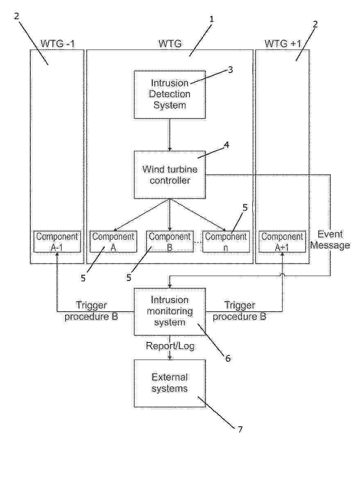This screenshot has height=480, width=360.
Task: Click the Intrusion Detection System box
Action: click(x=170, y=95)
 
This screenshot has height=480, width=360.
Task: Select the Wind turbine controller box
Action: click(x=170, y=175)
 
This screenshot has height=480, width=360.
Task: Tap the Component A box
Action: click(x=113, y=242)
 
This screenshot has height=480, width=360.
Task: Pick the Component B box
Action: click(x=170, y=242)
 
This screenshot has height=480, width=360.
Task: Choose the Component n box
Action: click(x=226, y=242)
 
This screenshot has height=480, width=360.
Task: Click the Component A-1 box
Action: click(x=57, y=242)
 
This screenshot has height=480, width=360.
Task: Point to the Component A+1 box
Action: click(x=282, y=242)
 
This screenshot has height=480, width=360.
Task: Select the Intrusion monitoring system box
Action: click(x=170, y=311)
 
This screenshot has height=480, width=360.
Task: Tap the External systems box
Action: click(x=170, y=383)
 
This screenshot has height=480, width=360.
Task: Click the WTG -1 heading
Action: click(x=58, y=43)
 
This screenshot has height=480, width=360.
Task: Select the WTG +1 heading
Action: click(x=283, y=43)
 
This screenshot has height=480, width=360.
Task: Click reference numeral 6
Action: click(x=228, y=358)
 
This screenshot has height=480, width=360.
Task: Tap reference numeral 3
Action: click(x=231, y=70)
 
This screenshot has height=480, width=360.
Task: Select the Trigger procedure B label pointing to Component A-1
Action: click(x=91, y=311)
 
